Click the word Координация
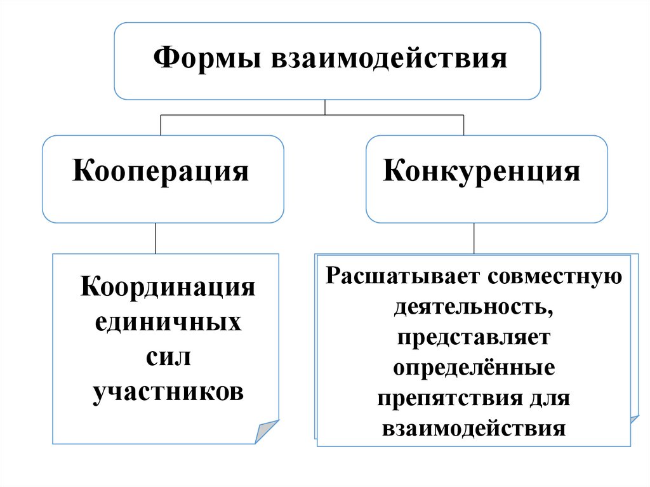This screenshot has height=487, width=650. [x=168, y=288]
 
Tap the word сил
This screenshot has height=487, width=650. [x=168, y=356]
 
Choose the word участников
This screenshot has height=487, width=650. [x=168, y=391]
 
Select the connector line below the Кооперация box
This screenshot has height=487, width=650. [x=155, y=238]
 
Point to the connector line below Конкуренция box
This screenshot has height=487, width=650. [x=473, y=238]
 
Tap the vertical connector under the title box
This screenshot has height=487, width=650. [x=325, y=107]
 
